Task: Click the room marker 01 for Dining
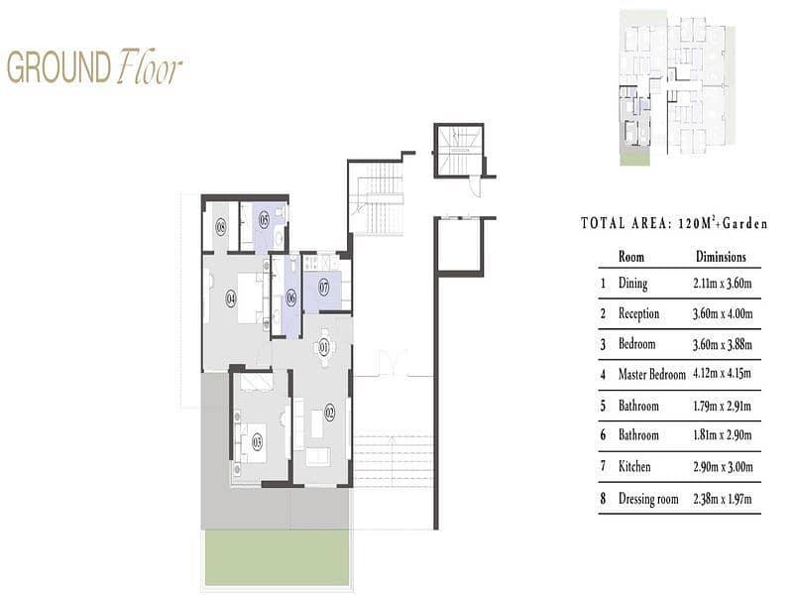324,347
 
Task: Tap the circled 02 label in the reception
330,412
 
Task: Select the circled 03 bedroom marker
257,442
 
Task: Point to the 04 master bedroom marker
231,298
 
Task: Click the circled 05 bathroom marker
264,219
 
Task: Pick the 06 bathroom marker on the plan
290,298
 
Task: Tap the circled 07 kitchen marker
324,288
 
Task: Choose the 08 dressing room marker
220,227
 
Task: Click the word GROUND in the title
58,67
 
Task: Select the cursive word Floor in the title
149,66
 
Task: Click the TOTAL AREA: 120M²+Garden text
674,223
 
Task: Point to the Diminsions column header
721,257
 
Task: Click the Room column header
631,257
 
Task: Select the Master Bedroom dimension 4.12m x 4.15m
722,374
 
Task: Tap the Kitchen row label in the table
634,466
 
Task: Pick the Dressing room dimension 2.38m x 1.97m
723,499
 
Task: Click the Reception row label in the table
638,313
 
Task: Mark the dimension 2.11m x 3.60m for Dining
723,283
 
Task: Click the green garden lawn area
277,557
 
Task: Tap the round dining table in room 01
324,347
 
